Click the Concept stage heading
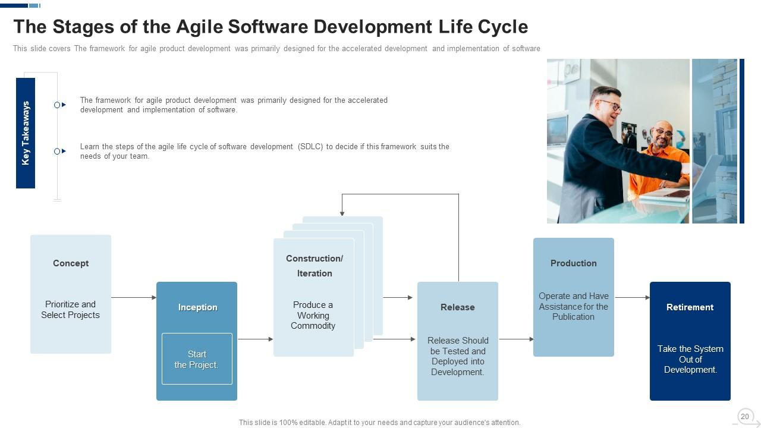pyautogui.click(x=71, y=263)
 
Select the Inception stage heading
pyautogui.click(x=198, y=307)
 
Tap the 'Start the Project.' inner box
pyautogui.click(x=197, y=359)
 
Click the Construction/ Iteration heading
pyautogui.click(x=315, y=266)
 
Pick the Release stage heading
pyautogui.click(x=458, y=307)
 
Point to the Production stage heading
pyautogui.click(x=574, y=263)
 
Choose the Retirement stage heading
pyautogui.click(x=690, y=307)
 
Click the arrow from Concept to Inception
pyautogui.click(x=134, y=298)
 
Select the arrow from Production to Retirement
pyautogui.click(x=632, y=298)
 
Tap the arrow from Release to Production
pyautogui.click(x=516, y=339)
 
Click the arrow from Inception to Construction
pyautogui.click(x=256, y=339)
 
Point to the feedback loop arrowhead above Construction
pyautogui.click(x=342, y=213)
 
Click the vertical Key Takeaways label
pyautogui.click(x=26, y=133)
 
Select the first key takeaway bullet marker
pyautogui.click(x=60, y=105)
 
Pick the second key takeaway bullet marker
pyautogui.click(x=60, y=151)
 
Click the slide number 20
pyautogui.click(x=745, y=417)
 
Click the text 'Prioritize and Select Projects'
pyautogui.click(x=70, y=310)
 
